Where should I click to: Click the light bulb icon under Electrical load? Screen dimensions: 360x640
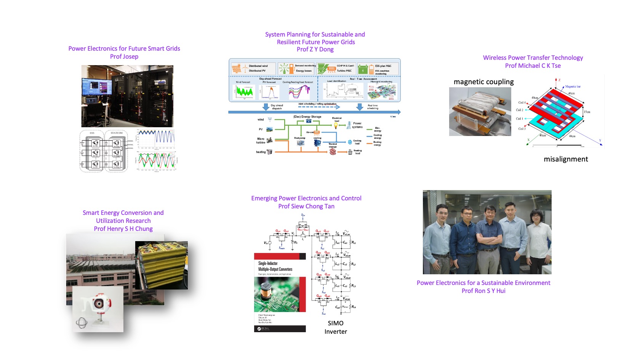point(336,125)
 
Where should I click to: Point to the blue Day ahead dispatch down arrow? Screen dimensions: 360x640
point(266,107)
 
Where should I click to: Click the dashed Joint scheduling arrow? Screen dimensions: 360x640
point(318,107)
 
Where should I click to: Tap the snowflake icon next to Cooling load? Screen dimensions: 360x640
point(350,142)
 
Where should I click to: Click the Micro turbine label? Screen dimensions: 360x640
point(261,141)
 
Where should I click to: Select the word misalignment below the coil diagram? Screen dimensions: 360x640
point(566,159)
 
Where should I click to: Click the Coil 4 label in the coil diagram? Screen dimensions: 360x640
point(522,102)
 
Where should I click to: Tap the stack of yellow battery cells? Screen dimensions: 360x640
point(162,265)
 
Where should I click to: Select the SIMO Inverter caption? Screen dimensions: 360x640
point(336,327)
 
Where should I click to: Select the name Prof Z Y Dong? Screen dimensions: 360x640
point(315,50)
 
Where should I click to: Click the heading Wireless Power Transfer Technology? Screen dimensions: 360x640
point(533,58)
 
